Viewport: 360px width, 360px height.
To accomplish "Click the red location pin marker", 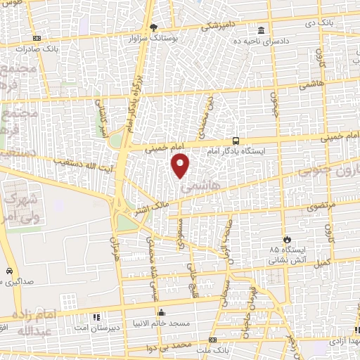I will (181, 166).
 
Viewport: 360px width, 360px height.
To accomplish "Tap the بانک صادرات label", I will (60, 49).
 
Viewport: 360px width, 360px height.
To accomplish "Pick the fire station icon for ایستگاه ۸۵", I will (285, 239).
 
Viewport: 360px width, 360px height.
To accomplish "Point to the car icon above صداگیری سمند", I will (8, 271).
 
